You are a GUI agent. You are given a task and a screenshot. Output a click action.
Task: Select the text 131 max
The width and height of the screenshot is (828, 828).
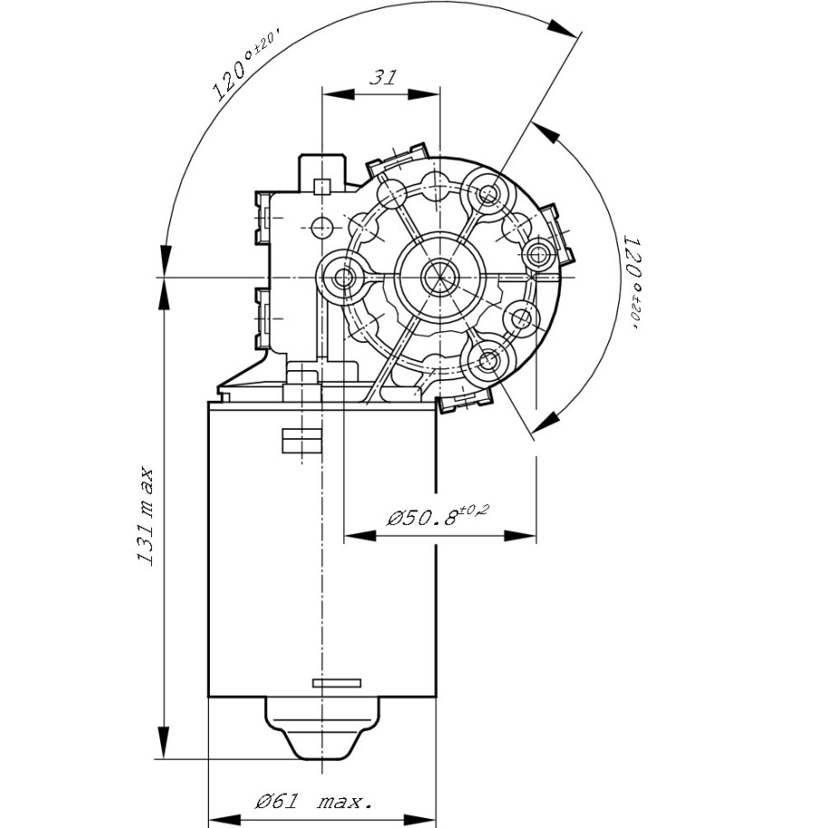(x=145, y=517)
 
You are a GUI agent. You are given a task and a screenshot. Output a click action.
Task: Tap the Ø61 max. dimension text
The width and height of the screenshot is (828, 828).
(x=313, y=802)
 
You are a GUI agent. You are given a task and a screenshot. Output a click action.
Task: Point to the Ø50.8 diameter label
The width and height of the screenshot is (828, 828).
(x=436, y=518)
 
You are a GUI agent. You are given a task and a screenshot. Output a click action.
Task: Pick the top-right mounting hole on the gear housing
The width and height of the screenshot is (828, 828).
(x=489, y=194)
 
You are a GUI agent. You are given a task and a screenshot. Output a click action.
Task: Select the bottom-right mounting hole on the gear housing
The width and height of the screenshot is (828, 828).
(x=489, y=360)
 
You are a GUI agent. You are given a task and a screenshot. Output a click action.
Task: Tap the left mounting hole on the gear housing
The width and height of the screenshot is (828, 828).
(x=343, y=277)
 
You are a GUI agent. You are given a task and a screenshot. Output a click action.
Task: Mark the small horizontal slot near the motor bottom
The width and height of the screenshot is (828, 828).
(x=336, y=681)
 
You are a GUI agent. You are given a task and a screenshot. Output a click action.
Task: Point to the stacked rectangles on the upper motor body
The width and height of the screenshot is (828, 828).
(x=301, y=440)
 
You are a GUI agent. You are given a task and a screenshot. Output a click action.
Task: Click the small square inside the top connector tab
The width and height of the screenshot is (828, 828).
(x=321, y=187)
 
